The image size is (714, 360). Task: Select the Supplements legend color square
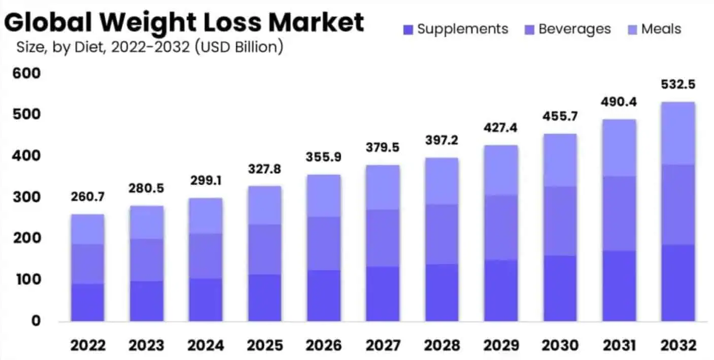(408, 29)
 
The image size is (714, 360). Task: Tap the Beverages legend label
(574, 29)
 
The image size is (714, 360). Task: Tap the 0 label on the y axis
(36, 321)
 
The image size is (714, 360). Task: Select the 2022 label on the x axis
(88, 346)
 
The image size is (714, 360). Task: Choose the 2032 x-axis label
(677, 346)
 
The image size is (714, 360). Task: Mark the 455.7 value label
(559, 115)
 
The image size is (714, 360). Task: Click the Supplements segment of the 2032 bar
(677, 283)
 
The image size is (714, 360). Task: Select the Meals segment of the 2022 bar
(88, 229)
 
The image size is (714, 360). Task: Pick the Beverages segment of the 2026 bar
(323, 243)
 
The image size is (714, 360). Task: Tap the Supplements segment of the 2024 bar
(206, 300)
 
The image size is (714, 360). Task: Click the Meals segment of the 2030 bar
(559, 160)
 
